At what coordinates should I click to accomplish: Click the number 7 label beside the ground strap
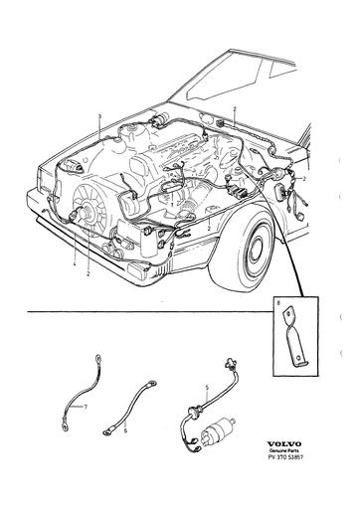(x=86, y=408)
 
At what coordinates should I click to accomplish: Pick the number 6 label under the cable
(x=126, y=431)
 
